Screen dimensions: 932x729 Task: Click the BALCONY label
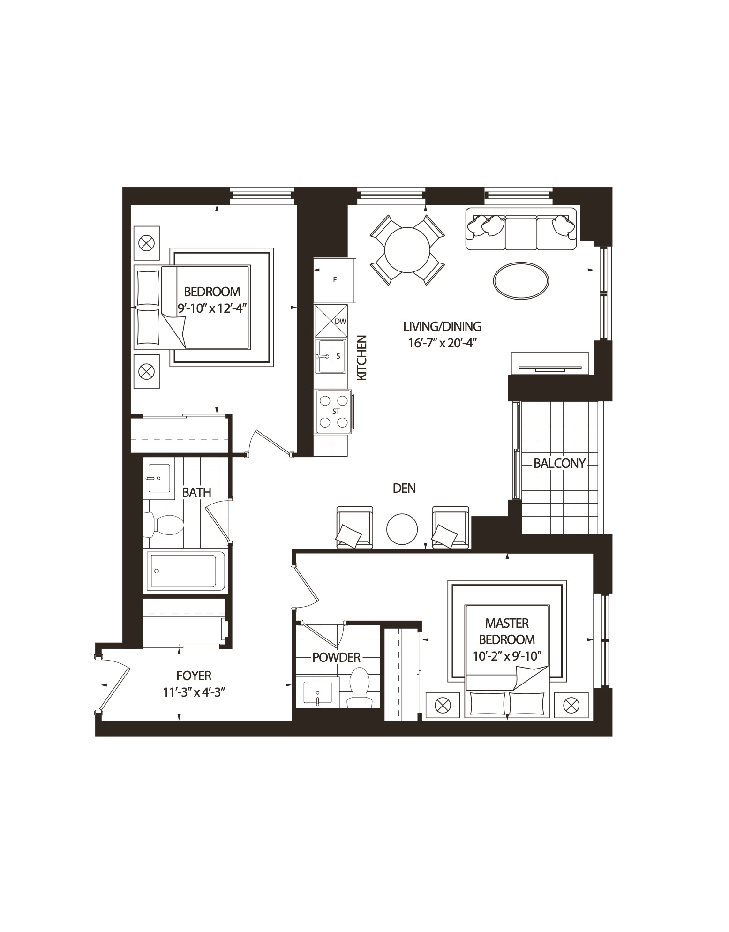click(x=559, y=464)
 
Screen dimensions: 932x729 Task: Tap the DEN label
click(x=404, y=488)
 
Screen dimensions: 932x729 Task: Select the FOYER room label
click(x=194, y=676)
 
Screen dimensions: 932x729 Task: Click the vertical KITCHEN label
click(x=361, y=358)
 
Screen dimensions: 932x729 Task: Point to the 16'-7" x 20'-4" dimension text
click(x=442, y=343)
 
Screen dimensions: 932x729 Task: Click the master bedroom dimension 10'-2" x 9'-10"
click(x=507, y=656)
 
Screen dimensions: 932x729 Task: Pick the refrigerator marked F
click(x=335, y=280)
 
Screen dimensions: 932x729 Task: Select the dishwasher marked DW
click(x=331, y=321)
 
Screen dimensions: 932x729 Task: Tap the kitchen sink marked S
click(x=331, y=356)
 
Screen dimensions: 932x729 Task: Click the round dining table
click(x=407, y=249)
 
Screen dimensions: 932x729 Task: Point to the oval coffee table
click(x=521, y=279)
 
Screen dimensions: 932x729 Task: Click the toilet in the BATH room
click(x=164, y=525)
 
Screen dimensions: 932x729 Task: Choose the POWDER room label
click(x=336, y=657)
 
